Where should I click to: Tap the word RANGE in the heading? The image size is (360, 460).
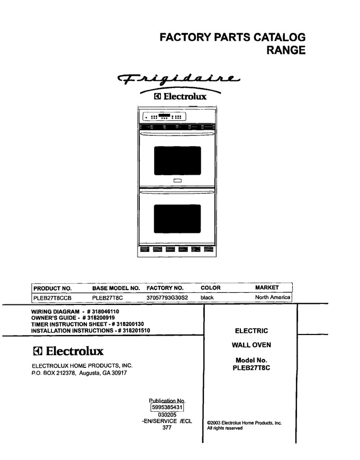pyautogui.click(x=286, y=50)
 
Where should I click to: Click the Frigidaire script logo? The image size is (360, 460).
pyautogui.click(x=178, y=78)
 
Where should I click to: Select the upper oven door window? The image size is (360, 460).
pyautogui.click(x=177, y=160)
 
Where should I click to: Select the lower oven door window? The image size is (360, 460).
pyautogui.click(x=177, y=219)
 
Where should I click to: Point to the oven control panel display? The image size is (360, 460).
pyautogui.click(x=164, y=117)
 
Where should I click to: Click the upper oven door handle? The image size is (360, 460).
pyautogui.click(x=177, y=134)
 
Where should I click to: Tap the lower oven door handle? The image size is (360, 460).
pyautogui.click(x=177, y=192)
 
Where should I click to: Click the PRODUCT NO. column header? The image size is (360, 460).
pyautogui.click(x=52, y=288)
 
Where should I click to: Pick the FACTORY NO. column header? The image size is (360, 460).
pyautogui.click(x=165, y=288)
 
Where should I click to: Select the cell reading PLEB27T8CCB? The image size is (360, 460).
pyautogui.click(x=52, y=298)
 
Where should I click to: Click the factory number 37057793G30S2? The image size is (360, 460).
pyautogui.click(x=167, y=297)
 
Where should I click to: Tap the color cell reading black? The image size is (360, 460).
pyautogui.click(x=207, y=297)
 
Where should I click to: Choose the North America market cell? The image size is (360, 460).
pyautogui.click(x=273, y=297)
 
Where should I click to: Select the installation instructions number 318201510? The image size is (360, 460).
pyautogui.click(x=136, y=331)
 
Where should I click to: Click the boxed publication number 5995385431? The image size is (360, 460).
pyautogui.click(x=167, y=407)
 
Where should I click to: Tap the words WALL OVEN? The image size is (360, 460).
pyautogui.click(x=251, y=345)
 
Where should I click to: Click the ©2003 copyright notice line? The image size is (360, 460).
pyautogui.click(x=245, y=423)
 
